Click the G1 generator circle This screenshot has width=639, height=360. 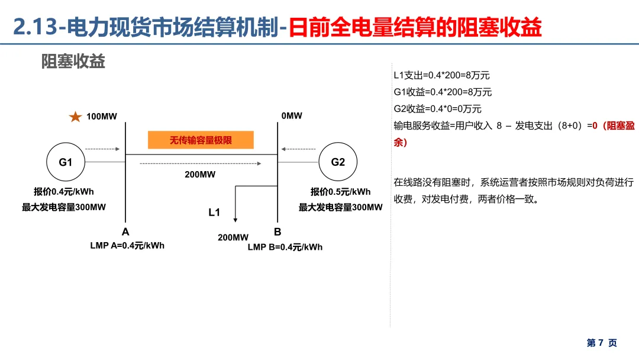pyautogui.click(x=65, y=162)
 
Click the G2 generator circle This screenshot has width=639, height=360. pyautogui.click(x=338, y=162)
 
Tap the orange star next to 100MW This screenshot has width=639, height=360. pyautogui.click(x=75, y=117)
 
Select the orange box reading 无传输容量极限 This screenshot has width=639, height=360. pyautogui.click(x=201, y=140)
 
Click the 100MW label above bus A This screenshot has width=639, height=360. pyautogui.click(x=102, y=116)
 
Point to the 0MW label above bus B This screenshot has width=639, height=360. pyautogui.click(x=292, y=116)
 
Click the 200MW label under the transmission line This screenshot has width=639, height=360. pyautogui.click(x=200, y=174)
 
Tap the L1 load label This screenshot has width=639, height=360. pyautogui.click(x=214, y=212)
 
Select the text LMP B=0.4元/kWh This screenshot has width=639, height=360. pyautogui.click(x=285, y=247)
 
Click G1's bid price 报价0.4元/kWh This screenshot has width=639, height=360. pyautogui.click(x=64, y=191)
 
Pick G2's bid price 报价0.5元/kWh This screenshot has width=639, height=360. pyautogui.click(x=341, y=191)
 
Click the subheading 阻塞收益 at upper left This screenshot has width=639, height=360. pyautogui.click(x=73, y=62)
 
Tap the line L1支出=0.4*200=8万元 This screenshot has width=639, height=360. pyautogui.click(x=442, y=75)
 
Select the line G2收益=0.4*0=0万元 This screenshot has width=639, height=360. pyautogui.click(x=438, y=109)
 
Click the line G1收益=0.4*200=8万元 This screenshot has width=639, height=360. pyautogui.click(x=443, y=92)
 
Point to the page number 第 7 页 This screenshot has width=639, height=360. pyautogui.click(x=602, y=343)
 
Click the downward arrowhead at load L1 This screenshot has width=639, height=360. pyautogui.click(x=235, y=220)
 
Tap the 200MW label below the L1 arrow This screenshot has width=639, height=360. pyautogui.click(x=233, y=237)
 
